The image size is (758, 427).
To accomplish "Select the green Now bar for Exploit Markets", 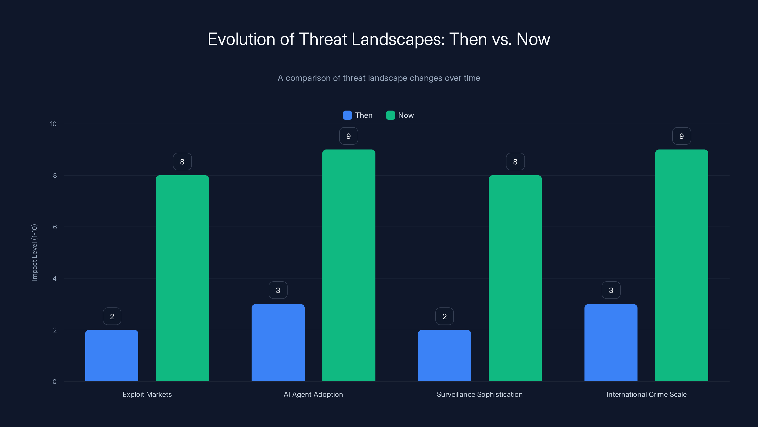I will pyautogui.click(x=182, y=278).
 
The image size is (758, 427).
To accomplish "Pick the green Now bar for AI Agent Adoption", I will pyautogui.click(x=349, y=265).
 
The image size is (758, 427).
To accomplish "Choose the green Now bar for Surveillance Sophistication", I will pyautogui.click(x=515, y=278).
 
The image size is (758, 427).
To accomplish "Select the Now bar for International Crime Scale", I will pyautogui.click(x=681, y=265).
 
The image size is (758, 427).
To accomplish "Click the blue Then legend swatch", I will pyautogui.click(x=347, y=115).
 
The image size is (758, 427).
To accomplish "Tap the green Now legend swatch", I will pyautogui.click(x=390, y=115).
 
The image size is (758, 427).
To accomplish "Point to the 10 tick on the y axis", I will pyautogui.click(x=53, y=124).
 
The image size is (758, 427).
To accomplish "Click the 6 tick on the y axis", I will pyautogui.click(x=55, y=227).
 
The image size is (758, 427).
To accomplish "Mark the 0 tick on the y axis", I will pyautogui.click(x=54, y=382).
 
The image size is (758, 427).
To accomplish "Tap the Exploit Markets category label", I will pyautogui.click(x=147, y=394).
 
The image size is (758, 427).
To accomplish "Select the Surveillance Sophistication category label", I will pyautogui.click(x=480, y=394).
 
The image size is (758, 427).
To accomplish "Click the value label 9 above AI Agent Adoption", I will pyautogui.click(x=348, y=136).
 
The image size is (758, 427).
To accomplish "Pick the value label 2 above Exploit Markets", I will pyautogui.click(x=112, y=316).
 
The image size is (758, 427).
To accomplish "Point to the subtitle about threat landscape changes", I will pyautogui.click(x=379, y=78).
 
